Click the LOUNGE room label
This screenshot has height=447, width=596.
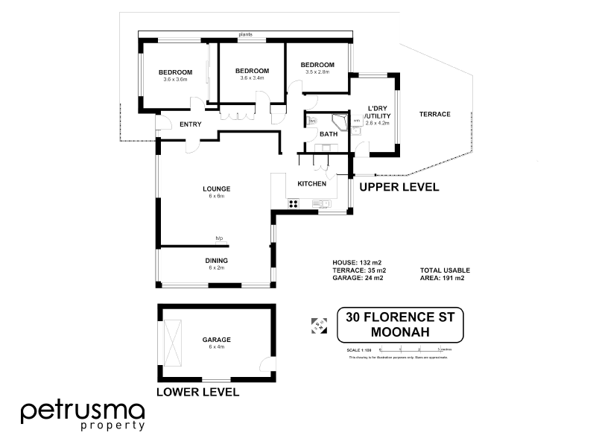click(217, 188)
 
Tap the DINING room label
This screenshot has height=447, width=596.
click(217, 260)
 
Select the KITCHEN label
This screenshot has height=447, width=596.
click(311, 183)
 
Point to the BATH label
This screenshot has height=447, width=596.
click(329, 134)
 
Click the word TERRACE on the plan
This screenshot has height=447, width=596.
click(434, 114)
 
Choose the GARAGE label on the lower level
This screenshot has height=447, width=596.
click(216, 339)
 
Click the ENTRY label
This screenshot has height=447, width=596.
click(191, 124)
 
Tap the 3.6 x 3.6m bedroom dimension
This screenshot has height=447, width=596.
click(176, 79)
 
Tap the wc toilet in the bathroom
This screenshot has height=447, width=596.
click(313, 121)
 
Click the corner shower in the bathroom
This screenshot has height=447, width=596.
click(340, 122)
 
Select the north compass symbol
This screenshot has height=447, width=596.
click(317, 323)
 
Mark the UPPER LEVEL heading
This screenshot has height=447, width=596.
click(399, 187)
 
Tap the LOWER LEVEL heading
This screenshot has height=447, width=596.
click(197, 392)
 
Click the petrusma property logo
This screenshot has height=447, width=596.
click(82, 414)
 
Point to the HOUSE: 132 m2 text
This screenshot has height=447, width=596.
click(357, 263)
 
